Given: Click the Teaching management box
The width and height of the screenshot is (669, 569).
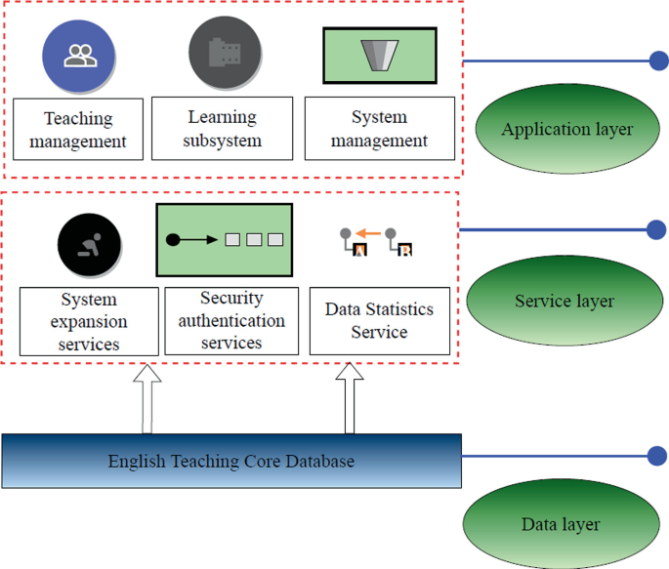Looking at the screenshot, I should [x=78, y=129].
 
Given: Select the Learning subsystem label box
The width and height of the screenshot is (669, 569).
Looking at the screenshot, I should [x=225, y=129].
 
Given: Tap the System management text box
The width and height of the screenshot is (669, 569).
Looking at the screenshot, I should [x=379, y=129].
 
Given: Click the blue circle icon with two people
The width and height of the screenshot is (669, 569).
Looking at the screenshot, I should [x=80, y=56].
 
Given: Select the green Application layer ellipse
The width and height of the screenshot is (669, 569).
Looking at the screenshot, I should [x=566, y=129].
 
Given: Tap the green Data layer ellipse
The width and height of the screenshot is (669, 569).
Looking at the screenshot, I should [x=560, y=524].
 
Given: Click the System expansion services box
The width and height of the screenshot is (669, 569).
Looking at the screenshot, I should [x=89, y=321].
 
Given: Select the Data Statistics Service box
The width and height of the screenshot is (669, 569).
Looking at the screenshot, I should [x=379, y=321].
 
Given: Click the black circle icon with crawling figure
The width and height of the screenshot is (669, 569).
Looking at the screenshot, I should [x=89, y=241].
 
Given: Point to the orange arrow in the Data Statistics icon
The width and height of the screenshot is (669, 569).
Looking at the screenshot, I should [x=367, y=233].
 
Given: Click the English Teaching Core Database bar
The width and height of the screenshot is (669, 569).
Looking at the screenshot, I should [x=231, y=462].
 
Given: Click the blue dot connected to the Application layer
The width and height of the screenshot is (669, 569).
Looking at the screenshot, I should [x=658, y=61].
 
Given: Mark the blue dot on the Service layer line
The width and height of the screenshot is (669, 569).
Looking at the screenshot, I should [x=656, y=230].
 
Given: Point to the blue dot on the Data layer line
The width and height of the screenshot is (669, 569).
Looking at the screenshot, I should [x=656, y=457].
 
